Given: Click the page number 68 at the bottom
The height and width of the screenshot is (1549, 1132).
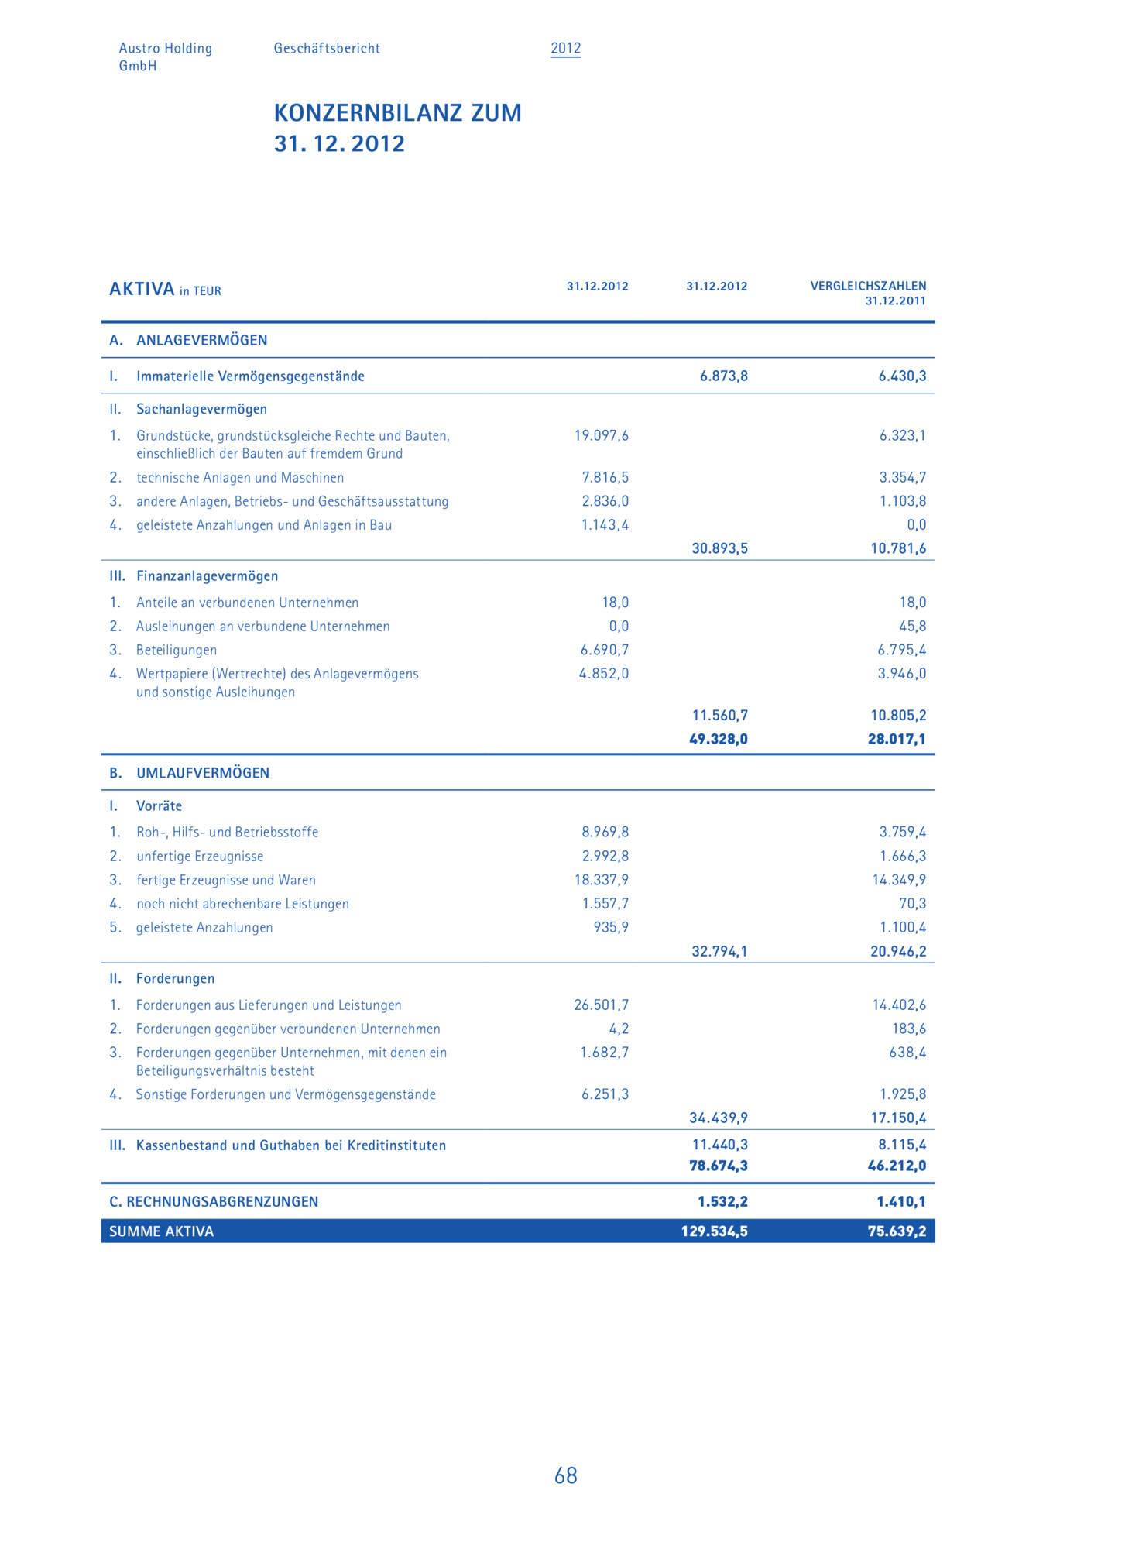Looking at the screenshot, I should pyautogui.click(x=565, y=1475).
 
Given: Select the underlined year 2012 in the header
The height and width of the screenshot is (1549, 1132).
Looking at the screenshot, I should pyautogui.click(x=565, y=48).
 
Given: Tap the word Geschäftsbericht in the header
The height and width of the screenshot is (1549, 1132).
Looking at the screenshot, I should pyautogui.click(x=327, y=48).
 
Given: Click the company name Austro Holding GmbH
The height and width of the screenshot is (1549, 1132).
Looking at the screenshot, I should pyautogui.click(x=165, y=57).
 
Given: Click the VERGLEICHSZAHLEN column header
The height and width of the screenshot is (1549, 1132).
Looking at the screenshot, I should pyautogui.click(x=868, y=286).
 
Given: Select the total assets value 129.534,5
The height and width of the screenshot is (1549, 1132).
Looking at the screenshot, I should pyautogui.click(x=714, y=1231).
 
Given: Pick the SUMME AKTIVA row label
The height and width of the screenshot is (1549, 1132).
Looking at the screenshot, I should pyautogui.click(x=161, y=1231).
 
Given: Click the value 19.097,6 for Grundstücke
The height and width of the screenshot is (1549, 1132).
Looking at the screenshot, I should pyautogui.click(x=601, y=435).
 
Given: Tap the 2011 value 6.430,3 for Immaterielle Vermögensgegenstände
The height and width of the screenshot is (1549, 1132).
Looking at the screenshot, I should pyautogui.click(x=902, y=376).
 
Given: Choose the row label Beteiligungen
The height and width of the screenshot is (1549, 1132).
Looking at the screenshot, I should pyautogui.click(x=177, y=650).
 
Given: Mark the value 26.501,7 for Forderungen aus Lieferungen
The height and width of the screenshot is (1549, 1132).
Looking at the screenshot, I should pyautogui.click(x=601, y=1005).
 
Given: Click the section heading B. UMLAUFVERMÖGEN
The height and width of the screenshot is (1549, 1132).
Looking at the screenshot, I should pyautogui.click(x=190, y=772).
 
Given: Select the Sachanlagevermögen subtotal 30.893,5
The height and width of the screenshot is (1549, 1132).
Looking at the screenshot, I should pyautogui.click(x=719, y=548).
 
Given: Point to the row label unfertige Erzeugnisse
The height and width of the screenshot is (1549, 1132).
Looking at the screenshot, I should pyautogui.click(x=200, y=856).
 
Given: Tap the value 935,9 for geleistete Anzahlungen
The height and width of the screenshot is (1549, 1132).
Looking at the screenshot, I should pyautogui.click(x=611, y=927).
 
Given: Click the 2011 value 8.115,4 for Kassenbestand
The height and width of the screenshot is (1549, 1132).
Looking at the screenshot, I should pyautogui.click(x=902, y=1144).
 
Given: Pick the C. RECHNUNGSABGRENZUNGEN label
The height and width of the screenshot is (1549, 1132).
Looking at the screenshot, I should pyautogui.click(x=214, y=1201).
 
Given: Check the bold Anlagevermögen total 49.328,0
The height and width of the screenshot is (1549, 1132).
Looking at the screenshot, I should pyautogui.click(x=719, y=739).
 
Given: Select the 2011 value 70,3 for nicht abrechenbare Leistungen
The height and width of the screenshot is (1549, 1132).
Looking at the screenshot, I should pyautogui.click(x=912, y=903).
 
